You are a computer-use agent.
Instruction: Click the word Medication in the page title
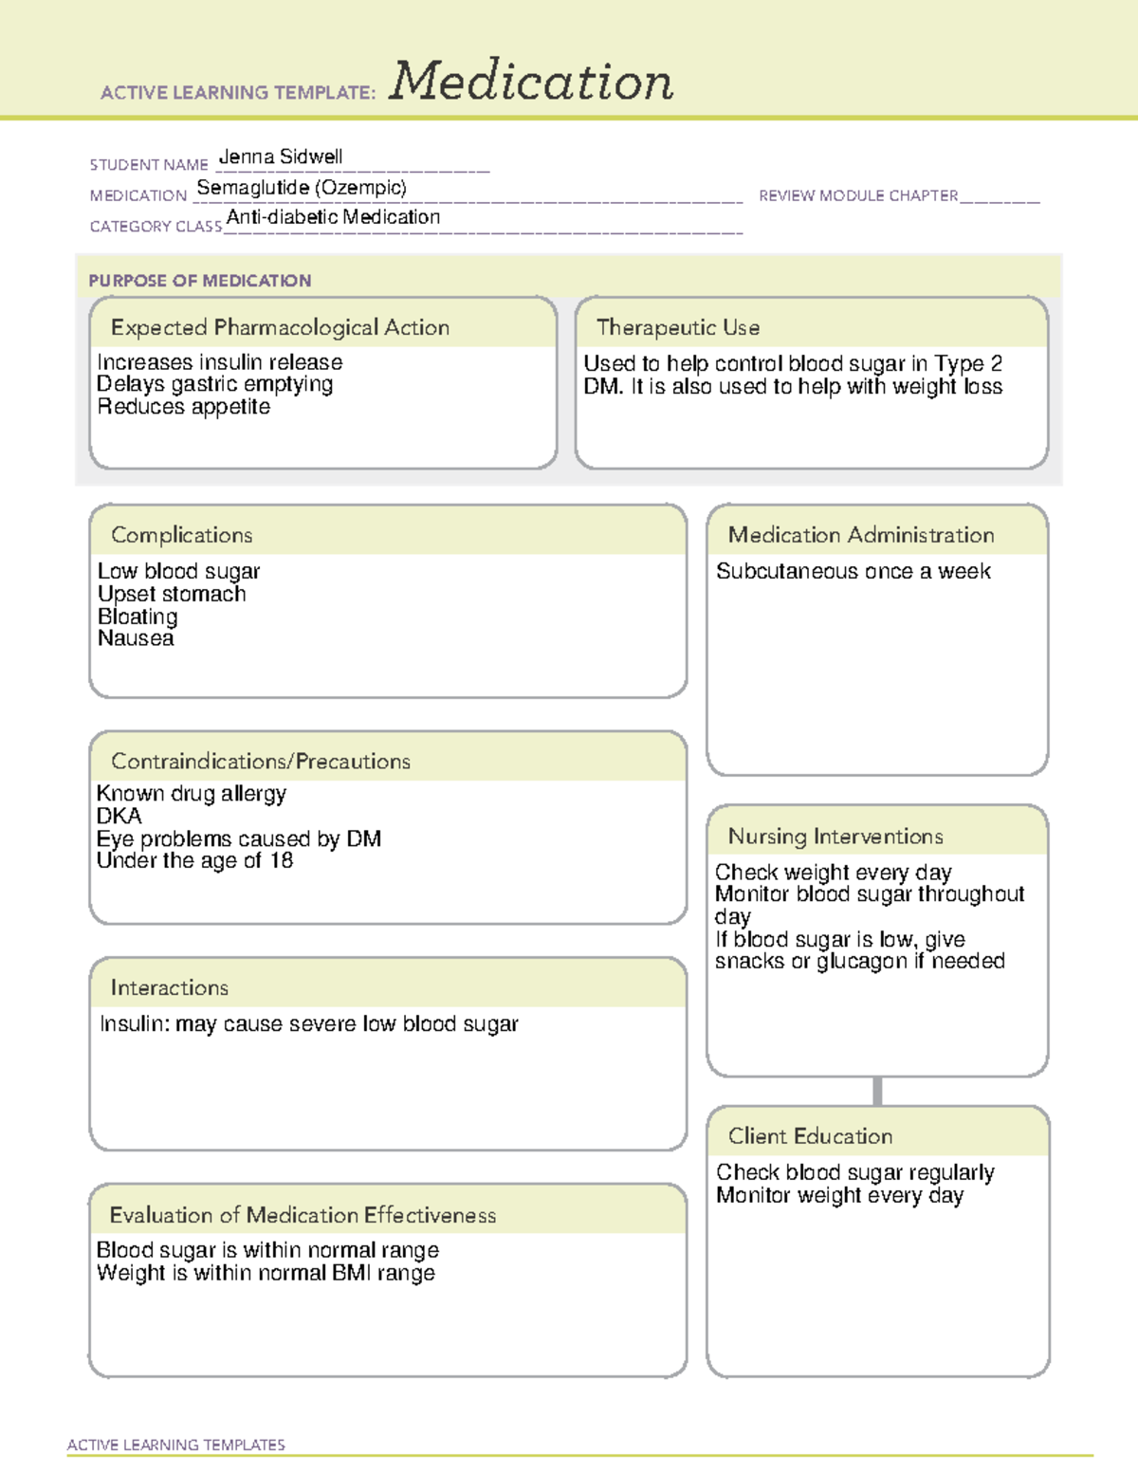(x=531, y=82)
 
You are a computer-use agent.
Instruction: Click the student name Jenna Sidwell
(x=281, y=157)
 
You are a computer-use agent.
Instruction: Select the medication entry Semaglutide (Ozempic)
(x=302, y=188)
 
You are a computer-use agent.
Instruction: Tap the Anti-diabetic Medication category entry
(x=333, y=217)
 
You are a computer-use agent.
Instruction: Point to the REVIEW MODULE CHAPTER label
(x=858, y=195)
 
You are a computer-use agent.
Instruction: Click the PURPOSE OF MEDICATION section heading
(x=200, y=281)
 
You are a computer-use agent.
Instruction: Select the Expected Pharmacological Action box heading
(x=280, y=327)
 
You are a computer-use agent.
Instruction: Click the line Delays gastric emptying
(x=215, y=384)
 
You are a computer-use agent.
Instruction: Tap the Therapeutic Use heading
(x=678, y=327)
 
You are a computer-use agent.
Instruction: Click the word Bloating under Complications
(x=138, y=617)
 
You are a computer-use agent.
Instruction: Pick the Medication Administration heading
(x=861, y=535)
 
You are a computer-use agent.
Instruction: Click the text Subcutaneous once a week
(x=853, y=571)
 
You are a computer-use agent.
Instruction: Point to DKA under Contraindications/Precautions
(x=119, y=816)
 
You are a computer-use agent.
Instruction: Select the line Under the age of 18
(x=195, y=860)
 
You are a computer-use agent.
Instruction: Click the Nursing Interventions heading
(x=835, y=837)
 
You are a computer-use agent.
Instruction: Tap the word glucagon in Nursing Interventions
(x=861, y=961)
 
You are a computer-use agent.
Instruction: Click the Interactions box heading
(x=170, y=988)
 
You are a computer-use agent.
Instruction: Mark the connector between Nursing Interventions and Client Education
(x=877, y=1091)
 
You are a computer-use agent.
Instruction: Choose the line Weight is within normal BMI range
(x=266, y=1273)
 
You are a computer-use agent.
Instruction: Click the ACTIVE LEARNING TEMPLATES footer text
(x=176, y=1445)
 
